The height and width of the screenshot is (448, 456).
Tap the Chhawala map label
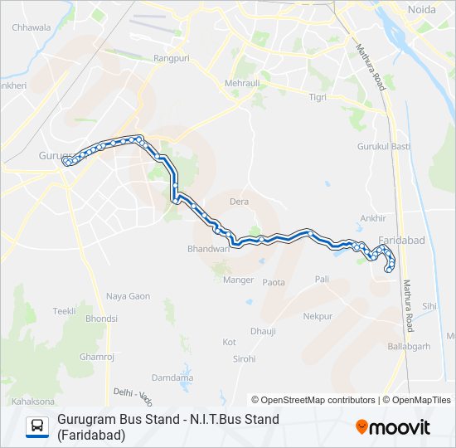click(32, 27)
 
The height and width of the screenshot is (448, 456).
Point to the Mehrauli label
click(243, 83)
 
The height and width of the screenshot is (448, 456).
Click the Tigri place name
click(318, 97)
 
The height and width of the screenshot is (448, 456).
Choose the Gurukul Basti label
click(384, 147)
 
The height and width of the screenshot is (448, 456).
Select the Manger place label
click(239, 280)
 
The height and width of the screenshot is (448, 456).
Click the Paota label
click(274, 283)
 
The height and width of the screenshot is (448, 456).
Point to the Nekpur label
click(318, 316)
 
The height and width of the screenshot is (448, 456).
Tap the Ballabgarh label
click(409, 346)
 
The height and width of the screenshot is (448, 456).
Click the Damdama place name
click(172, 377)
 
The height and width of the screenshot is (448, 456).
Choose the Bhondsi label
click(101, 318)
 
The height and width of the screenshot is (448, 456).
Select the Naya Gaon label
click(128, 296)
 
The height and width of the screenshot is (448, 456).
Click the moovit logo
click(393, 427)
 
